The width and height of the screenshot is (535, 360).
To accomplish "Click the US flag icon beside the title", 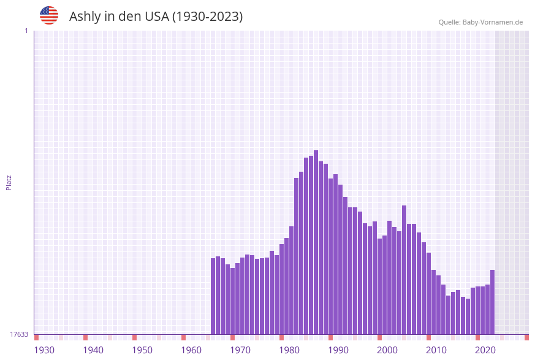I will click(x=49, y=15).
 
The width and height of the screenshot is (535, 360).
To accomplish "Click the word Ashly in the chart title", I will click(x=85, y=17).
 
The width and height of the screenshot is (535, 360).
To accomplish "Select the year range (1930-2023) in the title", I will click(x=207, y=17).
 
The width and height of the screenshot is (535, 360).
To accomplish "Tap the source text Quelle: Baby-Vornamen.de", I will click(x=480, y=22).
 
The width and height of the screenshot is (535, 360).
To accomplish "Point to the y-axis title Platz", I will click(x=9, y=182).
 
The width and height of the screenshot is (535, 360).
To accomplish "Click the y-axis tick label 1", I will click(x=26, y=31).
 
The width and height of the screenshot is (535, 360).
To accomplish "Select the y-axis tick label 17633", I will click(x=19, y=334).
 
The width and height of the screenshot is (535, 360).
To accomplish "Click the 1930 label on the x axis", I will click(x=44, y=350).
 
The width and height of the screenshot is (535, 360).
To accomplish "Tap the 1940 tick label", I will click(x=93, y=350).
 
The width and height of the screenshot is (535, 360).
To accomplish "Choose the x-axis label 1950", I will click(x=142, y=350).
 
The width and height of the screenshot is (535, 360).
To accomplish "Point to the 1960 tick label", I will click(x=191, y=350).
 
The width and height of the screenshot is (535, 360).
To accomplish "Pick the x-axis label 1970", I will click(x=240, y=350).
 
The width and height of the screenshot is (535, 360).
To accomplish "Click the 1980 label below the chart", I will click(x=289, y=350).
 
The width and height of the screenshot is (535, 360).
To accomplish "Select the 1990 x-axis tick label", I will click(x=338, y=350).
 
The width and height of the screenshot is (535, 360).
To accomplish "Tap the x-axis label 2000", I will click(x=387, y=350).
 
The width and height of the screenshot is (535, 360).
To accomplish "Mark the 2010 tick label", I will click(x=436, y=350).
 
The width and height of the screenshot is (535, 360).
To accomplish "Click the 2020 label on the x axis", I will click(x=485, y=350).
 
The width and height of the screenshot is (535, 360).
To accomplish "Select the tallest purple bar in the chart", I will click(x=316, y=242).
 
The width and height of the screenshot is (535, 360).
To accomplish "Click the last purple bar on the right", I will click(x=492, y=302).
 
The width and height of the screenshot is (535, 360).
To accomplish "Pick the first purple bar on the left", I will click(x=213, y=296).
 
